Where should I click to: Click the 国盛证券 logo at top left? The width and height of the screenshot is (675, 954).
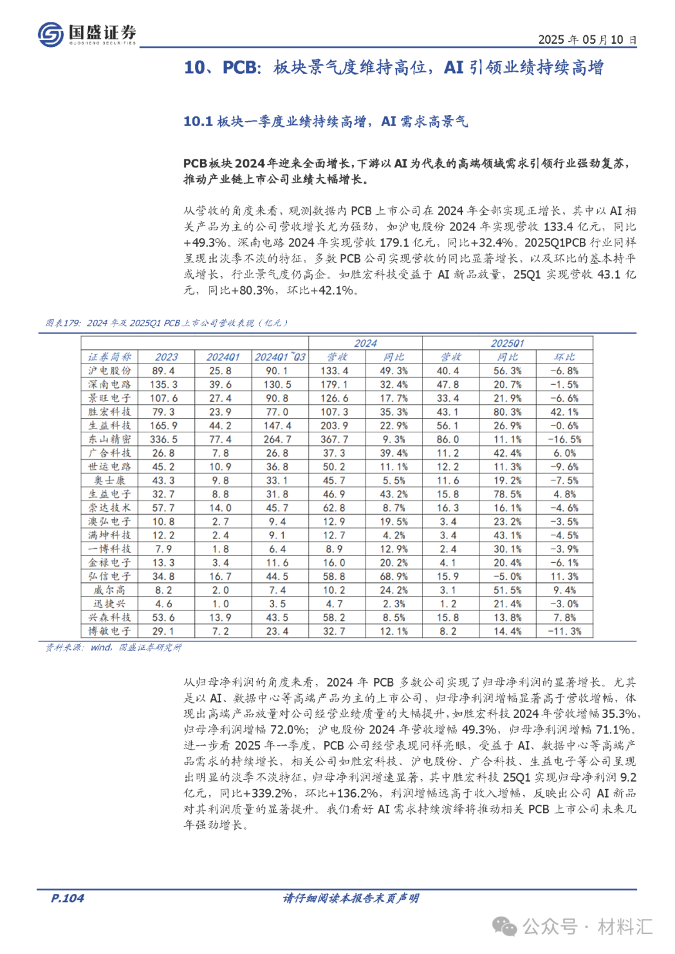[87, 34]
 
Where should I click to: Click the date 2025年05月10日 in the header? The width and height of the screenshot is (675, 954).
[587, 39]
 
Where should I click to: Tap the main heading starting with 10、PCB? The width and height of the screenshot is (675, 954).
[393, 67]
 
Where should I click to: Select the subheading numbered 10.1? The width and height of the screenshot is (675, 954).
[325, 121]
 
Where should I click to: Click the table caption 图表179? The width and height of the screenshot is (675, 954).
[166, 323]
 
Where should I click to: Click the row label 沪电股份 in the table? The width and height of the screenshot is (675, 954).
[110, 370]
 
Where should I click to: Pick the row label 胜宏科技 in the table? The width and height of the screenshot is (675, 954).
[110, 412]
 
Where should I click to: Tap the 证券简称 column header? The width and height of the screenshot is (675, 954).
[110, 357]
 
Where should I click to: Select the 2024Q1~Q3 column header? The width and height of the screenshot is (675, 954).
[280, 357]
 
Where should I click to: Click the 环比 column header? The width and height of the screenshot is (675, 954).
[564, 357]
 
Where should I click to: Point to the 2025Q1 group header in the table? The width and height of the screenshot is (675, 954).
[507, 343]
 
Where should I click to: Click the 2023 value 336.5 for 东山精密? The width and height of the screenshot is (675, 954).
[164, 439]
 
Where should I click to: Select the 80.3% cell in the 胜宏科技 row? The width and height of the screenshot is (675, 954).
[507, 412]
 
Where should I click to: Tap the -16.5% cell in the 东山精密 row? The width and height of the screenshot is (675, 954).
[564, 439]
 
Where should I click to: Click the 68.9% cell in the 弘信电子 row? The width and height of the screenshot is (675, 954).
[394, 576]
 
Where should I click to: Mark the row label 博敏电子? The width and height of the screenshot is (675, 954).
[110, 631]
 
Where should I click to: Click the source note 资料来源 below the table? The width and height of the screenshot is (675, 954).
[113, 647]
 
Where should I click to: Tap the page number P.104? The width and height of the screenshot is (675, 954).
[67, 898]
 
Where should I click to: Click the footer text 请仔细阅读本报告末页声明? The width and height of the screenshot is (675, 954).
[351, 898]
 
